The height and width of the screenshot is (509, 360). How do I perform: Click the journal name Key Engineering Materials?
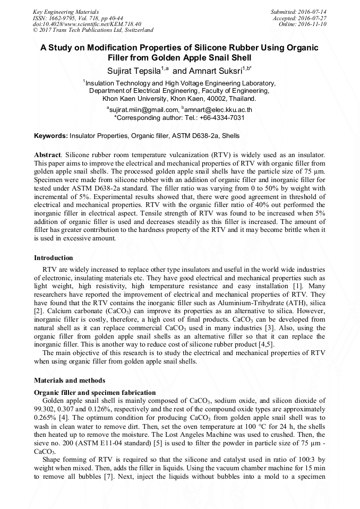(66, 11)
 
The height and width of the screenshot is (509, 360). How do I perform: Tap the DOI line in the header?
(87, 24)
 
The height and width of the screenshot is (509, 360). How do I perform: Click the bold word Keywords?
(50, 136)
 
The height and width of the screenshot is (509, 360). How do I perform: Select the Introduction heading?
(53, 258)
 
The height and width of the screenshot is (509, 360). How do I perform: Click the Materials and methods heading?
(70, 380)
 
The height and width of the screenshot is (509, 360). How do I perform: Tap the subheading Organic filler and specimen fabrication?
(95, 392)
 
